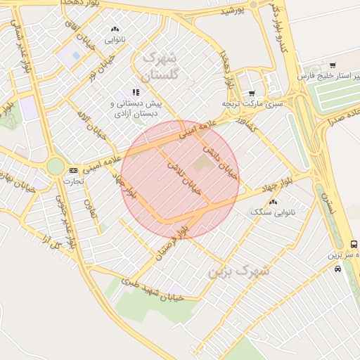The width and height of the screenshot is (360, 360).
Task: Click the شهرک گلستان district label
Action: [x=161, y=65]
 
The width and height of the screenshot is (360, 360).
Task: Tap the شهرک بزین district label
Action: [x=240, y=270]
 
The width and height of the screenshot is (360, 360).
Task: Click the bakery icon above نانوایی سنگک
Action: [x=273, y=202]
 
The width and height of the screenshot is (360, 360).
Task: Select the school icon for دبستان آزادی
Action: [x=135, y=92]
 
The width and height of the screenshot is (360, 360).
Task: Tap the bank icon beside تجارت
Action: [x=73, y=171]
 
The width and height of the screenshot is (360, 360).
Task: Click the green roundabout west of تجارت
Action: [x=55, y=167]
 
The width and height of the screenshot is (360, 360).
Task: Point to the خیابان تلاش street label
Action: [x=184, y=176]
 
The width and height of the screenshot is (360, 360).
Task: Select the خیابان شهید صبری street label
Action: [x=153, y=289]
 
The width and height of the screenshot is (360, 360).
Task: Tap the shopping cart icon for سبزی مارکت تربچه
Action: [x=251, y=93]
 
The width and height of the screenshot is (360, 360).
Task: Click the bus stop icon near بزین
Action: [x=354, y=244]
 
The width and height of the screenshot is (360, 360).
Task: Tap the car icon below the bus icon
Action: [x=338, y=269]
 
